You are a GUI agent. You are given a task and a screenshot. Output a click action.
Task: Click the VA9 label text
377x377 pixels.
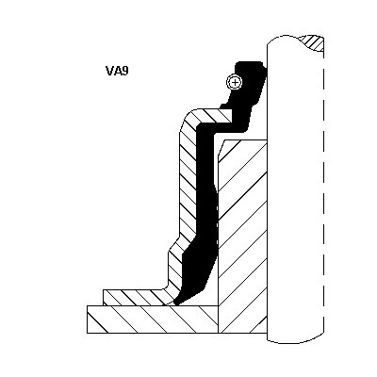(x=117, y=71)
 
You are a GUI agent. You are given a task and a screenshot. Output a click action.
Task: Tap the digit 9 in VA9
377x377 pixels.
(x=125, y=71)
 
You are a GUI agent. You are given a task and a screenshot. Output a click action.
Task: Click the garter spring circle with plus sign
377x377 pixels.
(x=235, y=82)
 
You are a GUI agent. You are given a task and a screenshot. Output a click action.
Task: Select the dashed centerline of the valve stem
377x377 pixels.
(x=323, y=188)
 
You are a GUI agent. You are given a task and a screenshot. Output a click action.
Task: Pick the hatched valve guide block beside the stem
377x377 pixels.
(x=242, y=237)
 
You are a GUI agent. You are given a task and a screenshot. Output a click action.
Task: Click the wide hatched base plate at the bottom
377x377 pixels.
(x=153, y=320)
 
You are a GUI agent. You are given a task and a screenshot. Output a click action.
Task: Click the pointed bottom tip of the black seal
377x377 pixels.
(x=176, y=303)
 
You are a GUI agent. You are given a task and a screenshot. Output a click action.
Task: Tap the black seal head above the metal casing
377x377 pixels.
(x=248, y=91)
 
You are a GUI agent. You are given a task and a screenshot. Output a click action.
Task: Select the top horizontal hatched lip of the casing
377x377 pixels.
(x=217, y=116)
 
